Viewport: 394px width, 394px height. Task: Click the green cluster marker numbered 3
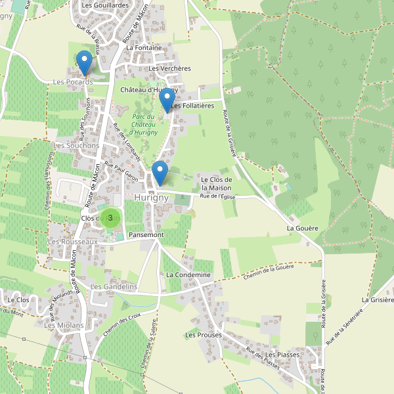coord(110,217)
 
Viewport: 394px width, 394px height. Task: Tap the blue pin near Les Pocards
coord(84,62)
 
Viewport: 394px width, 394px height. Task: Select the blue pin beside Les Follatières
coord(167,100)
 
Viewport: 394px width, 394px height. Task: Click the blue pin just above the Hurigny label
coord(160,173)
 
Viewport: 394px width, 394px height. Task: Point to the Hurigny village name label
coord(151,198)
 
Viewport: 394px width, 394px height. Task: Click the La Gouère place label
coord(302,228)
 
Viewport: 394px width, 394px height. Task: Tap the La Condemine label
coord(188,274)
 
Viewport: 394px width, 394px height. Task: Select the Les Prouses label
coord(203,335)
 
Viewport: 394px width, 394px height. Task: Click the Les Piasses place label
coord(282,355)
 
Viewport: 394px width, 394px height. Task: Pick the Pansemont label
coord(146,234)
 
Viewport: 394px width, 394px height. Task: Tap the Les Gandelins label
coord(114,287)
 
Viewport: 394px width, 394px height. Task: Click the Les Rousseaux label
coord(73,242)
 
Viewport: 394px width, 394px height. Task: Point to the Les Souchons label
coord(76,145)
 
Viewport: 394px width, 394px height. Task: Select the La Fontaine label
coord(143,48)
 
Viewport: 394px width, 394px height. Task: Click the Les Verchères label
coord(169,68)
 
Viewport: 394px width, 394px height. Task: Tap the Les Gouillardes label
coord(105,5)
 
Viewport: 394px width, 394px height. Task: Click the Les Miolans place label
coord(64,325)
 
